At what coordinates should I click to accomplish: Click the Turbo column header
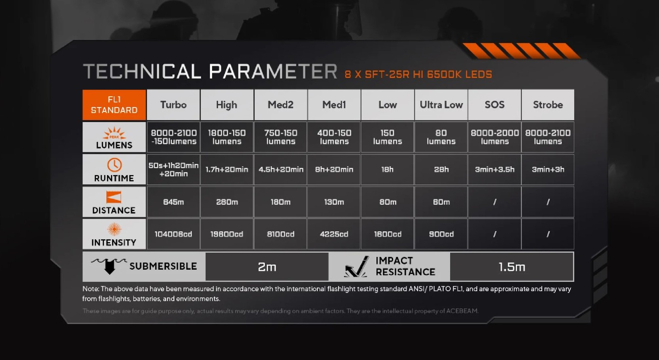[173, 105]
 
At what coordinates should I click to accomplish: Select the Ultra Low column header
[441, 105]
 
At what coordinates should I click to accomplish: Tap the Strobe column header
[548, 105]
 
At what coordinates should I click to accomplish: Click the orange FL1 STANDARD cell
[114, 105]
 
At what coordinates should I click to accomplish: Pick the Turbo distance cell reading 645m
[173, 202]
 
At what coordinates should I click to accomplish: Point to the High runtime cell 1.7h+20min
[227, 170]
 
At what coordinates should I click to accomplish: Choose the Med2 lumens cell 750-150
[281, 137]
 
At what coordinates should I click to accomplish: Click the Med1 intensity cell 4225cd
[334, 234]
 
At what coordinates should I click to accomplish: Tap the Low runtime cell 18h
[387, 170]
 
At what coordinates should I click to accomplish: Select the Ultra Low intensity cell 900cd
[441, 234]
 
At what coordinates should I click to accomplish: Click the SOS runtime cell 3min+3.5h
[494, 170]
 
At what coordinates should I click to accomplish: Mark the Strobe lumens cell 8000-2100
[548, 137]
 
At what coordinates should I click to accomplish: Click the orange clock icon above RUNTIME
[114, 165]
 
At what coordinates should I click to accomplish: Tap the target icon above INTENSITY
[114, 229]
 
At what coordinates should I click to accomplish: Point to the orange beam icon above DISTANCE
[114, 197]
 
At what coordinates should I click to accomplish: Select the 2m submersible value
[267, 267]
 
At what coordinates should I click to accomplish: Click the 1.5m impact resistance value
[512, 267]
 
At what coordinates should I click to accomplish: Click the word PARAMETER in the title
[273, 71]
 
